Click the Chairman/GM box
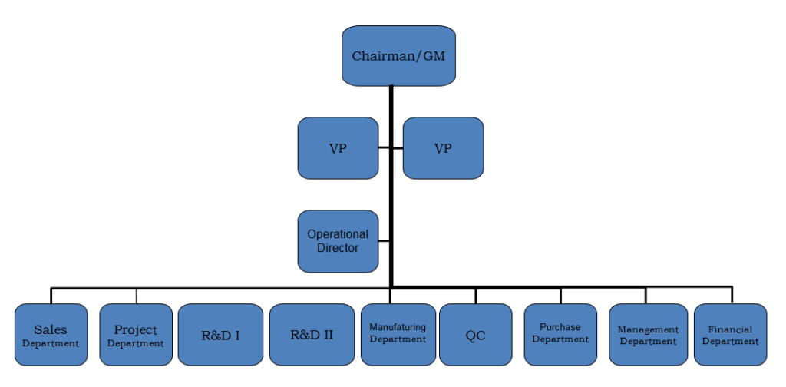pos(398,55)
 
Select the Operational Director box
pos(338,241)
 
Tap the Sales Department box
pos(51,335)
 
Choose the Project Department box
pos(136,335)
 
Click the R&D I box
pos(220,335)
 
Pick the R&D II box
pos(311,335)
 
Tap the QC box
pos(475,335)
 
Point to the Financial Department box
pos(730,335)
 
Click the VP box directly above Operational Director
pos(338,148)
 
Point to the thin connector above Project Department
pos(136,296)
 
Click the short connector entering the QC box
pos(475,296)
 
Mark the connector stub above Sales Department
pos(51,296)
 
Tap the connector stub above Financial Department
pos(731,296)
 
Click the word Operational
pos(338,234)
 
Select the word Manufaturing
pos(398,327)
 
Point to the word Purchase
pos(560,327)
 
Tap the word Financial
pos(730,329)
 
